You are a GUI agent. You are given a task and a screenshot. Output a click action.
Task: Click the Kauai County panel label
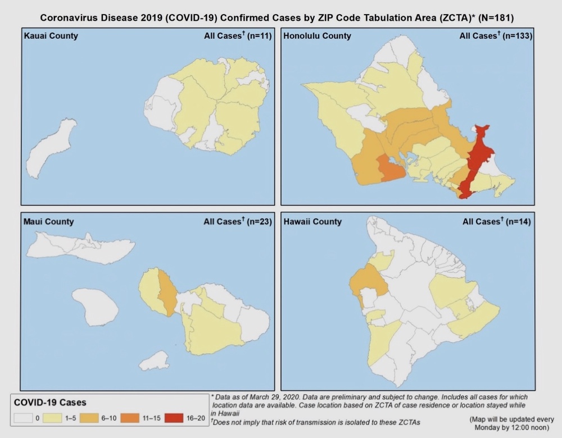pos(51,36)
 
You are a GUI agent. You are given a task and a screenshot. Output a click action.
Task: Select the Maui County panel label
pos(48,222)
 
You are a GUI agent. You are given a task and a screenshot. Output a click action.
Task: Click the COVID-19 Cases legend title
pos(49,403)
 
